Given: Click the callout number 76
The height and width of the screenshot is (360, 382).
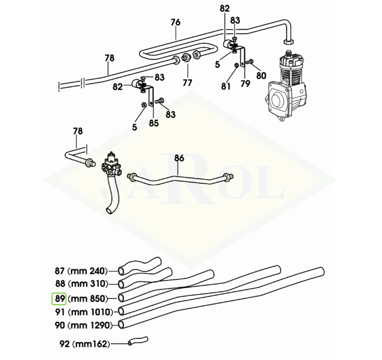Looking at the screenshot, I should [175, 23].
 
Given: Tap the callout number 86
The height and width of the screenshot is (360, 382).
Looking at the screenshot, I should [179, 158].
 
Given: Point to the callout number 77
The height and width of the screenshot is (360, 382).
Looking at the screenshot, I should [187, 83].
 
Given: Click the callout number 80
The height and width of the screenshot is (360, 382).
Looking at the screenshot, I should [261, 75].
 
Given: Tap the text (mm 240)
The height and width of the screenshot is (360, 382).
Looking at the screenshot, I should [87, 271].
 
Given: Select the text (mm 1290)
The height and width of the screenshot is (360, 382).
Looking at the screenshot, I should [90, 325].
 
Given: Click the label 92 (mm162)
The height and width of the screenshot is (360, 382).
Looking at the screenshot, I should [84, 344].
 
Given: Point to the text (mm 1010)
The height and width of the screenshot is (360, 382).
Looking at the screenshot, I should [90, 311].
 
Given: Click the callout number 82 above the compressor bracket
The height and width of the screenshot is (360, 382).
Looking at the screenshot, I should [224, 8].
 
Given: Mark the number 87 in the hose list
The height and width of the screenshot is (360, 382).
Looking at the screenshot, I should [60, 271].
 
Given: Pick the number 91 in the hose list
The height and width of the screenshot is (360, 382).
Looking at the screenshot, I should [60, 311].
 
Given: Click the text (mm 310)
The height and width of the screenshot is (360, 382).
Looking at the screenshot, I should [87, 284].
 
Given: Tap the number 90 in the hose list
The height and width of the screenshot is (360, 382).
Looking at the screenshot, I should [60, 325].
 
